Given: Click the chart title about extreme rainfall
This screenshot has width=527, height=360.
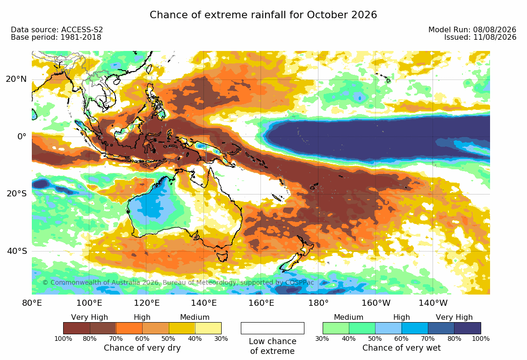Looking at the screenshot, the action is tap(263, 15).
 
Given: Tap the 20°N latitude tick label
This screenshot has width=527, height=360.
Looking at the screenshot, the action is tap(16, 79).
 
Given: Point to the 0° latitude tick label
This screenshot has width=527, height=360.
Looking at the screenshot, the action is tap(22, 137).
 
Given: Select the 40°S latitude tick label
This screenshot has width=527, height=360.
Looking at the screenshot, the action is tap(16, 251).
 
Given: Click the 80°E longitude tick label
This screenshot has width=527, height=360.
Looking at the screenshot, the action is tap(32, 303).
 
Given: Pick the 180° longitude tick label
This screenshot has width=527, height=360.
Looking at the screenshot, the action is tap(318, 303).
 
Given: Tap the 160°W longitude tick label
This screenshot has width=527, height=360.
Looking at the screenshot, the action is tap(376, 303).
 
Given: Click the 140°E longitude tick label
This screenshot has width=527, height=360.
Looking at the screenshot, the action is tap(204, 303).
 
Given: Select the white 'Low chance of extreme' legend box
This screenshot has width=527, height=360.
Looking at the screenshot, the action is tap(273, 328).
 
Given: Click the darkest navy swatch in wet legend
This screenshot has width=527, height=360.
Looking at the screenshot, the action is tap(468, 328).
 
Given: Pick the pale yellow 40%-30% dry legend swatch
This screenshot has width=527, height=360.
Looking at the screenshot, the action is tap(208, 328).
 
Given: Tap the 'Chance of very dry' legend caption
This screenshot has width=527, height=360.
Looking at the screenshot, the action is tap(142, 348).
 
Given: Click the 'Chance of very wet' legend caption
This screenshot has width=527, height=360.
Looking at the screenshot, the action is tap(401, 348).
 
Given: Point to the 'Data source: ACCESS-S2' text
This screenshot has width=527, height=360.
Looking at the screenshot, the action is tap(57, 29).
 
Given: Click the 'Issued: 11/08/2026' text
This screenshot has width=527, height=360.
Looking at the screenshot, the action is tap(480, 37).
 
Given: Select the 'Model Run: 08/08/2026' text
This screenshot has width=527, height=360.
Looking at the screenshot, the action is tap(472, 29).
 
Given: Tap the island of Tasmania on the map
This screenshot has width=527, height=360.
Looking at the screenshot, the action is tap(222, 255).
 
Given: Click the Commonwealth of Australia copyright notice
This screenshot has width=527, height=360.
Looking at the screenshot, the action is tap(178, 282).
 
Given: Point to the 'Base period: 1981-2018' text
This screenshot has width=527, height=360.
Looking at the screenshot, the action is tap(56, 37).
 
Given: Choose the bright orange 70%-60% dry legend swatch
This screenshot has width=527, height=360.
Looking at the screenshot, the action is tap(129, 328).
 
